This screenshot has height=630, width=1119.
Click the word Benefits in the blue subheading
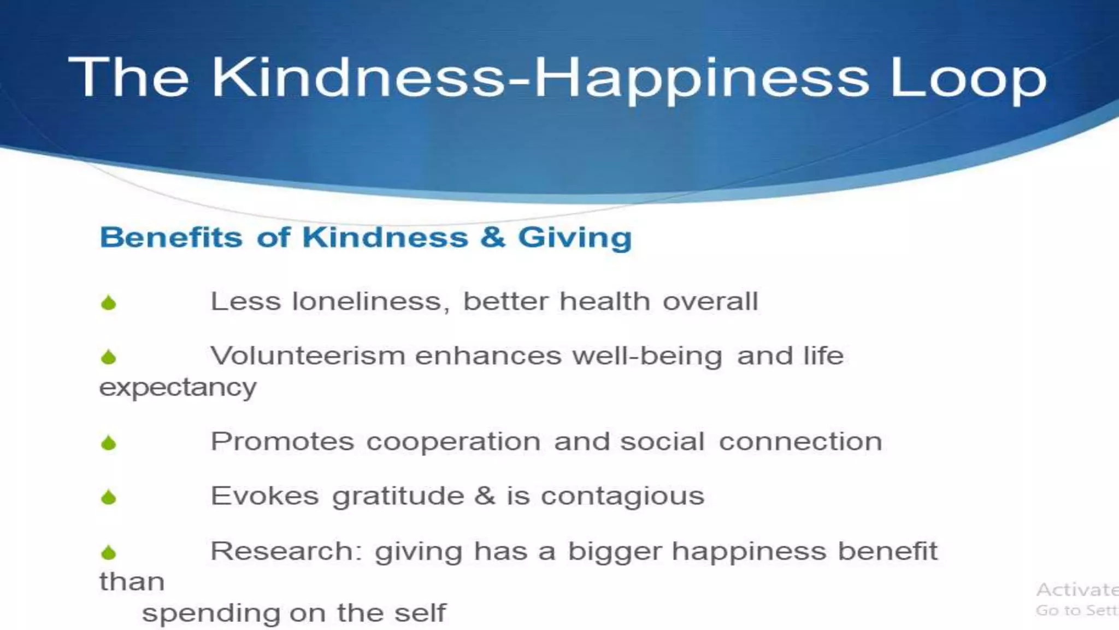pyautogui.click(x=171, y=237)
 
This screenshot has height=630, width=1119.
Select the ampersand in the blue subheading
pyautogui.click(x=493, y=237)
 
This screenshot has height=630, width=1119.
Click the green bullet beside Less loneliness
pyautogui.click(x=109, y=302)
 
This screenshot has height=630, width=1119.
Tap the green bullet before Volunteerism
pyautogui.click(x=109, y=357)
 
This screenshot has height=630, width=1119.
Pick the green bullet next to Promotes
pyautogui.click(x=109, y=442)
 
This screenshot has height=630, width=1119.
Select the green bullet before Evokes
pyautogui.click(x=109, y=497)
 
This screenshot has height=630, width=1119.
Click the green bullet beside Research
pyautogui.click(x=109, y=552)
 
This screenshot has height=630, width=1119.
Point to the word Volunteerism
pyautogui.click(x=308, y=356)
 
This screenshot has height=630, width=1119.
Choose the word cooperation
pyautogui.click(x=454, y=441)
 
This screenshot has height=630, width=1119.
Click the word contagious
pyautogui.click(x=622, y=497)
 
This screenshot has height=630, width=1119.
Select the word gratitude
pyautogui.click(x=398, y=497)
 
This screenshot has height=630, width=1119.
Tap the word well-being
pyautogui.click(x=647, y=356)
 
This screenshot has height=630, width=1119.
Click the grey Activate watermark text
pyautogui.click(x=1076, y=590)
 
